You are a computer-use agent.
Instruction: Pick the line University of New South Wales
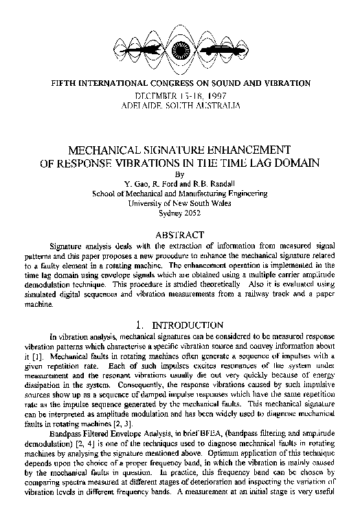(180, 203)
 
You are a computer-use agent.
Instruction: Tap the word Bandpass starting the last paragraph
(69, 443)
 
